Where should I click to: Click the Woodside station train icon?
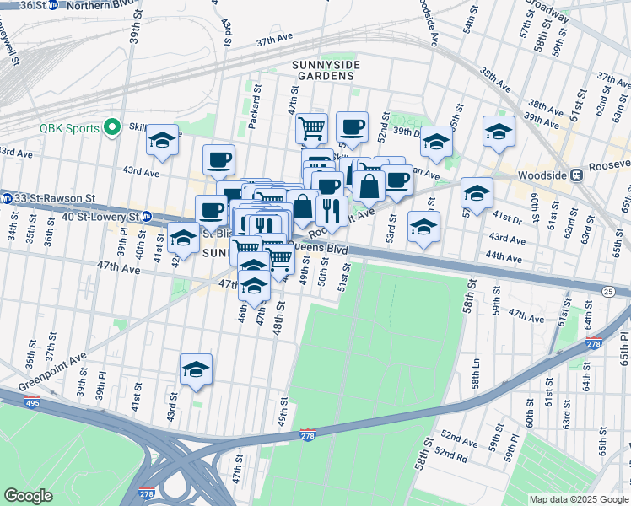[x=577, y=175]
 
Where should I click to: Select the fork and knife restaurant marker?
[x=332, y=211]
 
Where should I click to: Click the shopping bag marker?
[x=369, y=186]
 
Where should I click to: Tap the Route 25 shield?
[x=607, y=291]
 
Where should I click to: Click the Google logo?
[x=29, y=496]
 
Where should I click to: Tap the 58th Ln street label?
[x=477, y=371]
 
